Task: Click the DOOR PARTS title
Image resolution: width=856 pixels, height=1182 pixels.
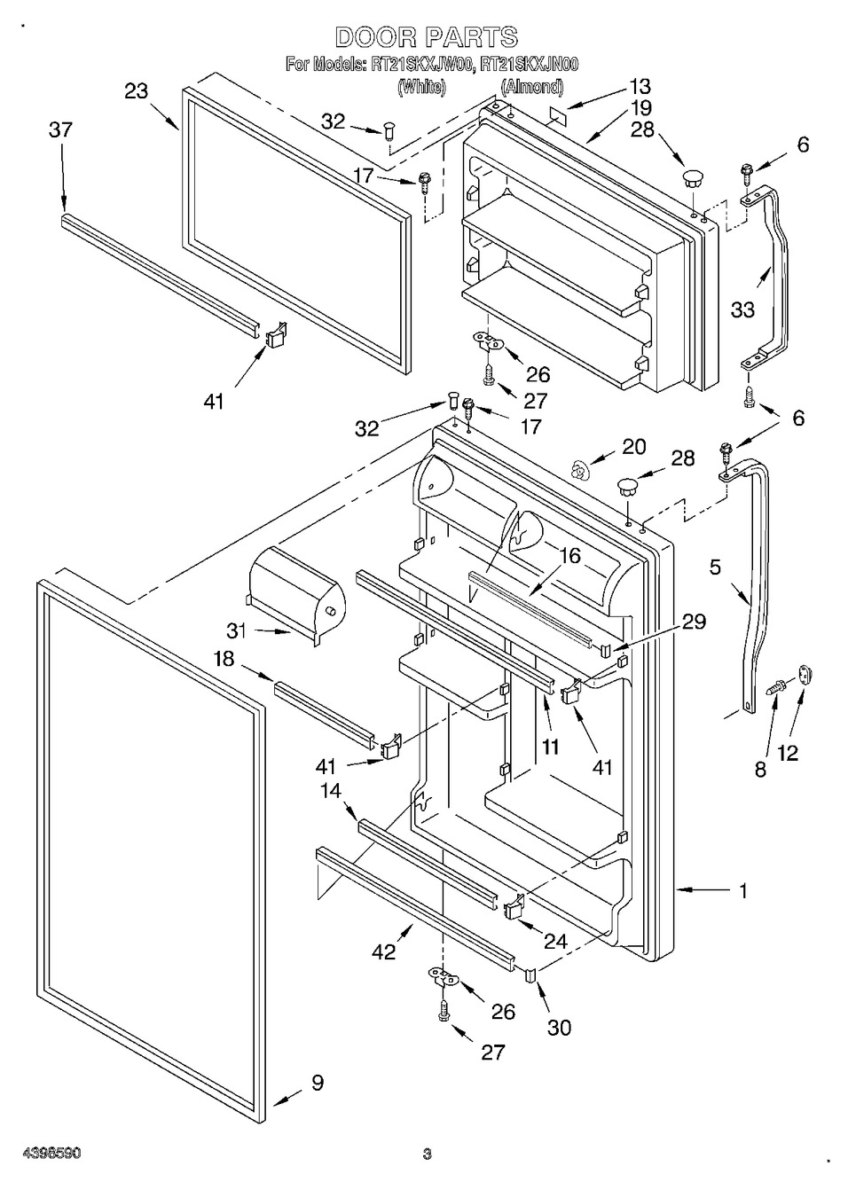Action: (426, 37)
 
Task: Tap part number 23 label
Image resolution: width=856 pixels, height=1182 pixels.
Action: (137, 91)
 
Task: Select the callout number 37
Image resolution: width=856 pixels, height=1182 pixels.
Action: (60, 130)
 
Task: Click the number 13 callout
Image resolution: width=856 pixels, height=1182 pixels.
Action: (640, 86)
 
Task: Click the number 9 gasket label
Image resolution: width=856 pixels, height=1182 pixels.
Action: (317, 1082)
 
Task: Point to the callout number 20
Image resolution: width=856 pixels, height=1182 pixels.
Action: (633, 447)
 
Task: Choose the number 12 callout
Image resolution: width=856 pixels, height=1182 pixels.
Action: (787, 753)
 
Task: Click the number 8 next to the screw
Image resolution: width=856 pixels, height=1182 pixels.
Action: (760, 770)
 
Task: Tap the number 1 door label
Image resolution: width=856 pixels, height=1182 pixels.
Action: (742, 890)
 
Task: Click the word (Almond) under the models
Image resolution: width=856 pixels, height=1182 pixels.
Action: (532, 87)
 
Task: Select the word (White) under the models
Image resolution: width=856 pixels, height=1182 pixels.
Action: (421, 87)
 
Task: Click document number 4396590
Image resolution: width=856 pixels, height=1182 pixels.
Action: (42, 1154)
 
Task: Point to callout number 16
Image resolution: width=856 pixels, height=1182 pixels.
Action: (569, 556)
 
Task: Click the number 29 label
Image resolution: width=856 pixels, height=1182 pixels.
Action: (694, 622)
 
